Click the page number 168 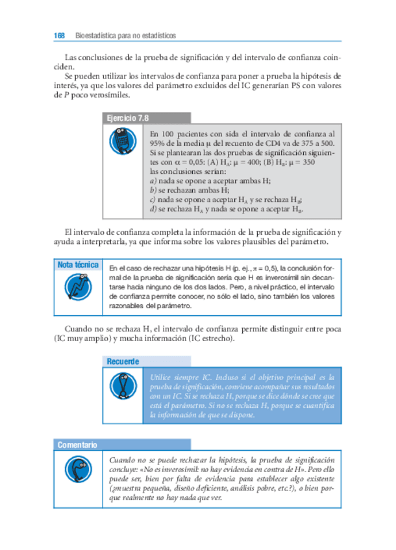pos(59,35)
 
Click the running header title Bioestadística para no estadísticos pos(126,35)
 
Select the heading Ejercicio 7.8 pos(126,119)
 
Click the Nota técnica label pos(78,265)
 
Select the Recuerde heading pos(123,361)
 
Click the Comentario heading pos(77,444)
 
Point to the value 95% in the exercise pos(157,142)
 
